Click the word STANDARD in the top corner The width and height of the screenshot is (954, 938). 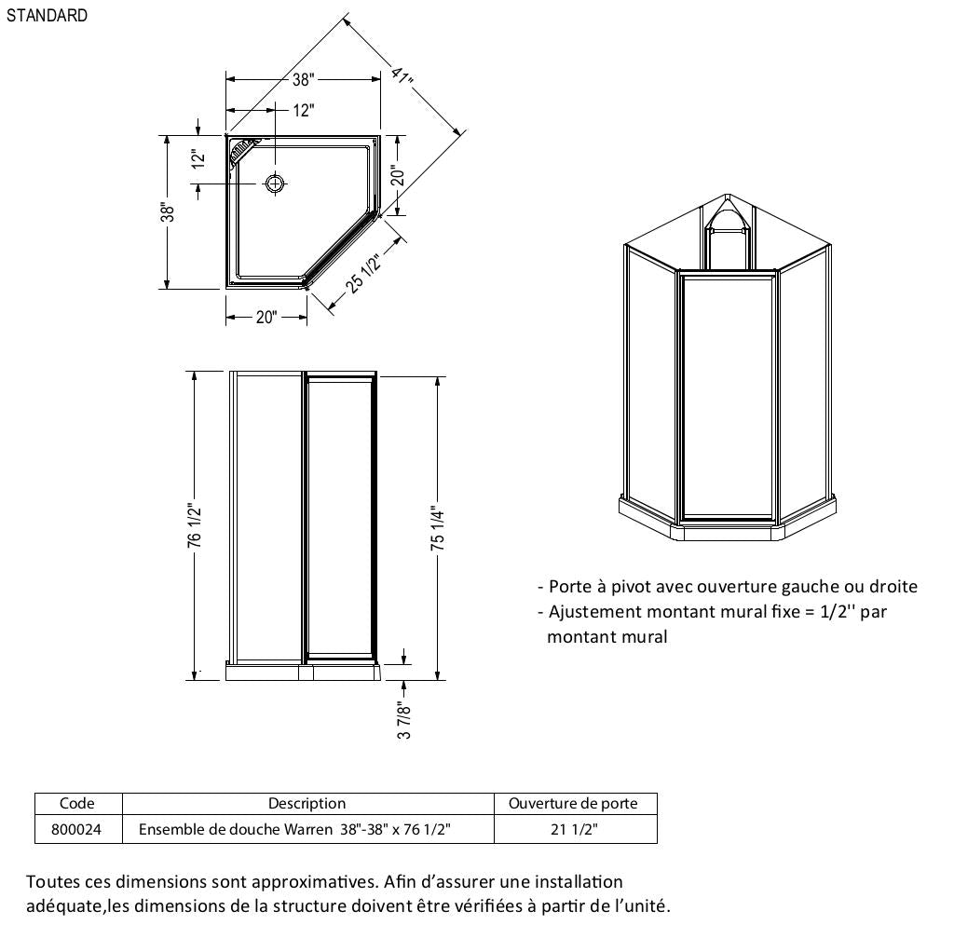[47, 16]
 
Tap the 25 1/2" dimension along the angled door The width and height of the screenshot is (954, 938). [364, 274]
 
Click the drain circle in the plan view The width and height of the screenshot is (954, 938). [275, 183]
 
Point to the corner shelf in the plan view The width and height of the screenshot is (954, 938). [241, 149]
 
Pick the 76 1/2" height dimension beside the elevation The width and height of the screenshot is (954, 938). [194, 525]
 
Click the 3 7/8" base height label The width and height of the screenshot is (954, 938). [404, 720]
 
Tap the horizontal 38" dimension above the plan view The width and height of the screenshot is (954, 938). [303, 80]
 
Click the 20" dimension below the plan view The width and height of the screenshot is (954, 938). [266, 318]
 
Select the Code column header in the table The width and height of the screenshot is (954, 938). [77, 803]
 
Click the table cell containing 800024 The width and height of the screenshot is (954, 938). [78, 829]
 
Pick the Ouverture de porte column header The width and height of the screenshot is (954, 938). [573, 803]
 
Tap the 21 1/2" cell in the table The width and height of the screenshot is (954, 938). [574, 829]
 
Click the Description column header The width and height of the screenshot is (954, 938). [307, 803]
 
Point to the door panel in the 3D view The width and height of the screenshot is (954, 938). [728, 396]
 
